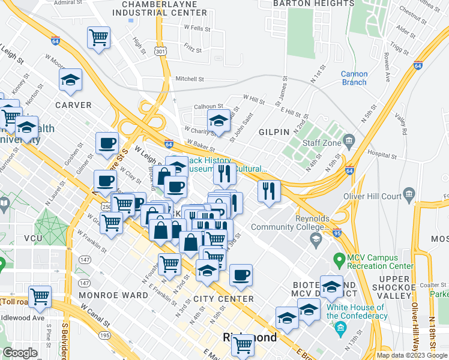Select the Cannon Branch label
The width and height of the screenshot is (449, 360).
tap(354, 78)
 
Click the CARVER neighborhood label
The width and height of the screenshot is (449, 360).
tap(73, 105)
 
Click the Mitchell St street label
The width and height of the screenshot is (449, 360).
tap(190, 79)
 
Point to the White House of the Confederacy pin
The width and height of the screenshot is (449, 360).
tap(341, 328)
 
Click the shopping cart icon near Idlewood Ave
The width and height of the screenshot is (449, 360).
tap(40, 296)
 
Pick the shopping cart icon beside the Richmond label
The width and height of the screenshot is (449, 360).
tap(243, 345)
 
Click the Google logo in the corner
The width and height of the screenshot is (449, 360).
tap(20, 353)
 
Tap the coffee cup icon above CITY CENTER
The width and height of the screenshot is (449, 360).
tap(241, 275)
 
